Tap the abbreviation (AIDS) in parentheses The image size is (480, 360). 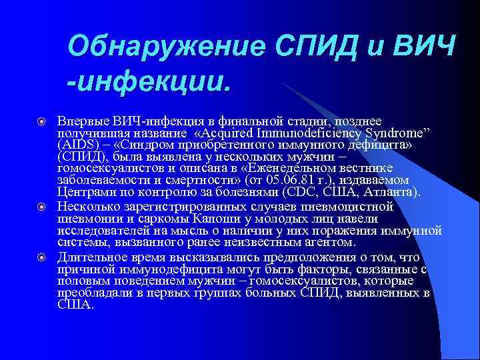(77, 145)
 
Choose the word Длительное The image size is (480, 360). (89, 256)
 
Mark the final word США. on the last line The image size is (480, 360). (75, 304)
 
